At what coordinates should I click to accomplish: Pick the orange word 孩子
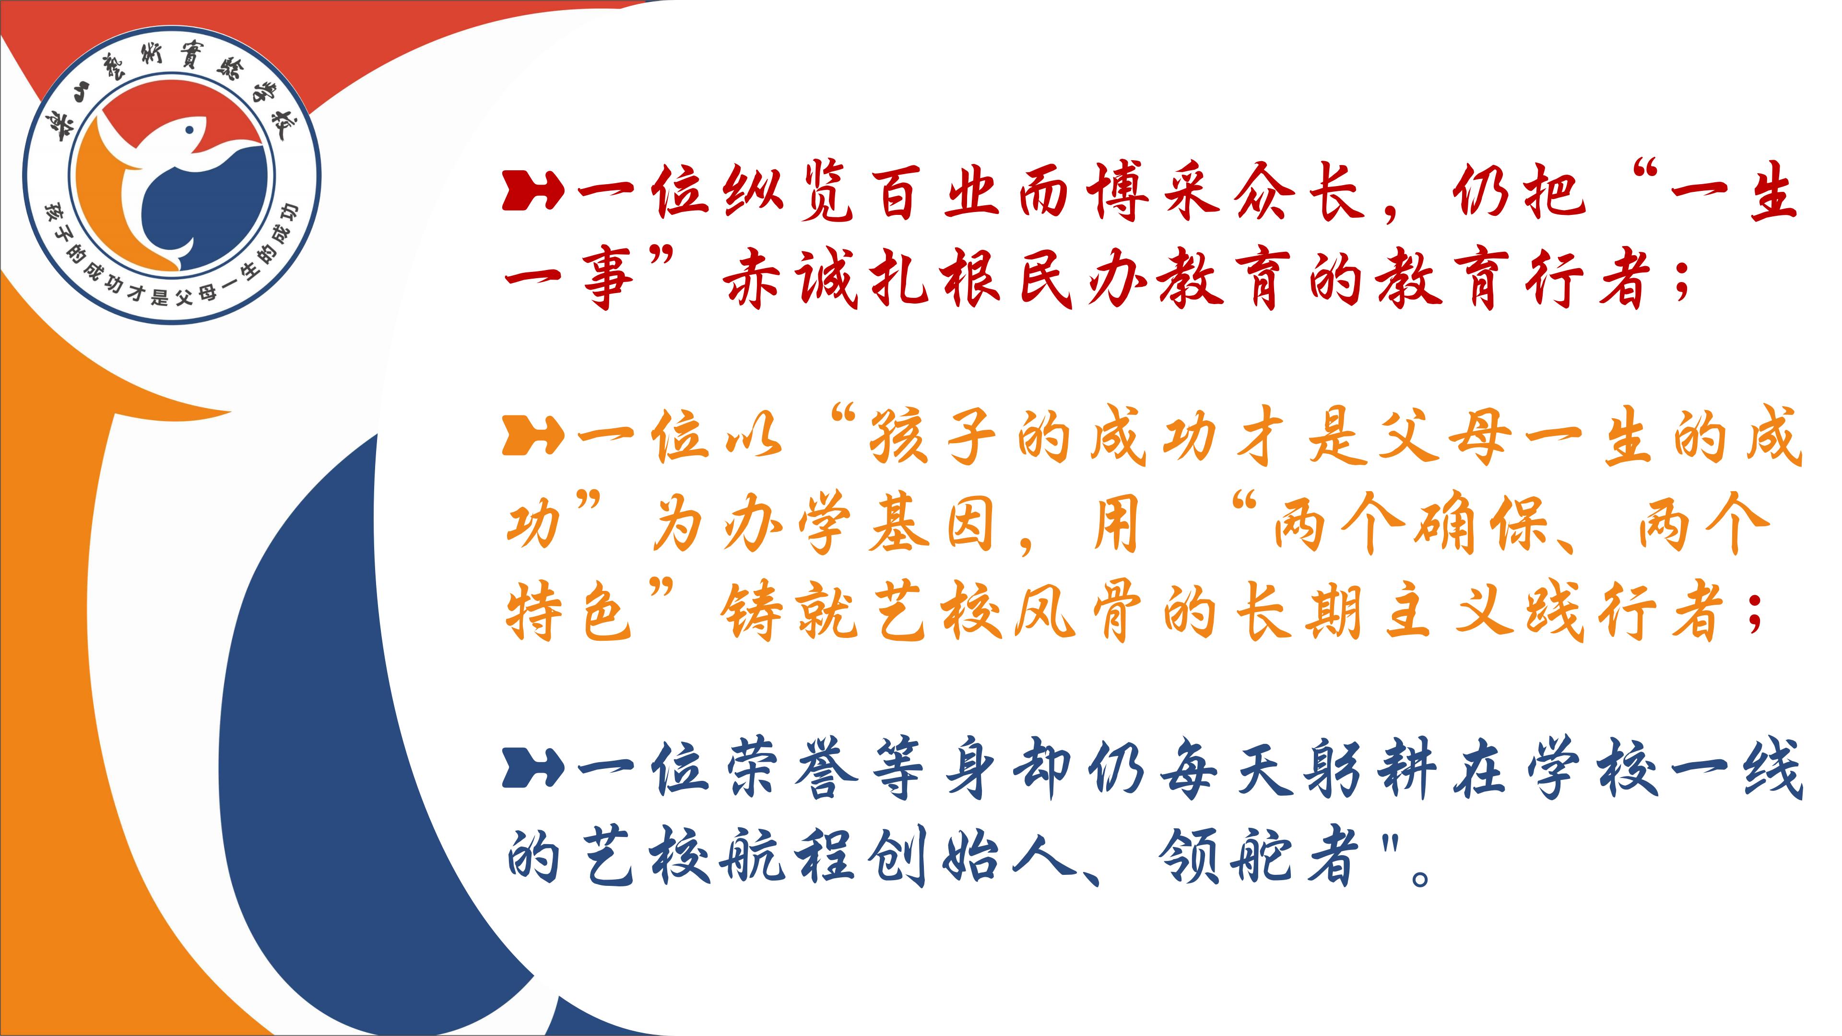(933, 436)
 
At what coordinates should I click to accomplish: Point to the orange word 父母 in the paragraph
(1444, 436)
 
